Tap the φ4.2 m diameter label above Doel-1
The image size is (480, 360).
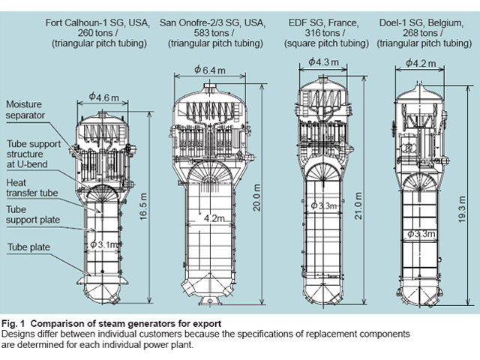(421, 64)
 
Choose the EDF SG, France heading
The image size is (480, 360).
(322, 13)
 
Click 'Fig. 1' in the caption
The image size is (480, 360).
(16, 324)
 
